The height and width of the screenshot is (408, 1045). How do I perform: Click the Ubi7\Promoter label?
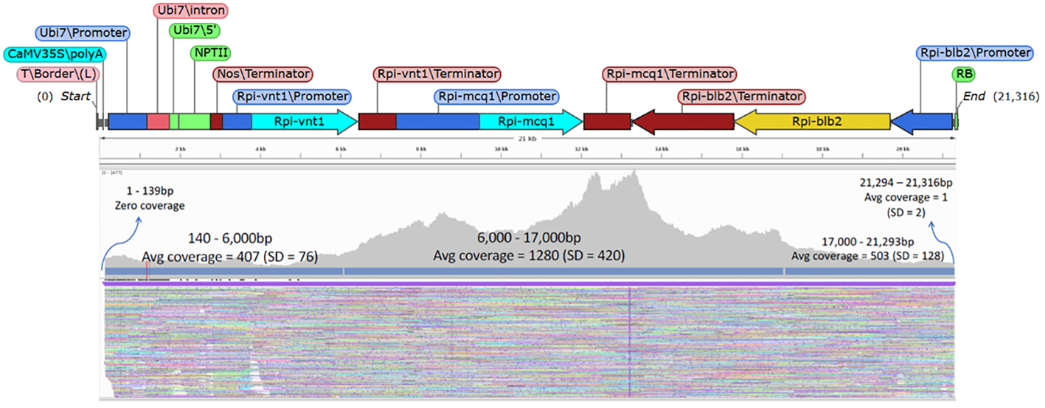(x=82, y=33)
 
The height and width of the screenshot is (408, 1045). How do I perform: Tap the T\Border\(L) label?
(x=58, y=75)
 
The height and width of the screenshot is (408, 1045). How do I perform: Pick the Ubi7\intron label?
(x=191, y=11)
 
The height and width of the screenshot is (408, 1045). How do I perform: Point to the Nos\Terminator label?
(x=263, y=75)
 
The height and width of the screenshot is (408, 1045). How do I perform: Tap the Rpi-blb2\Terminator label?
(x=741, y=97)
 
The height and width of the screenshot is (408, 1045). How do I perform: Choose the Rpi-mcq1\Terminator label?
(x=669, y=75)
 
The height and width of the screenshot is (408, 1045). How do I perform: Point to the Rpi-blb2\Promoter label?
(x=973, y=53)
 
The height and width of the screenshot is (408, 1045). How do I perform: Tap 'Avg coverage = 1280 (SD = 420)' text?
(x=529, y=256)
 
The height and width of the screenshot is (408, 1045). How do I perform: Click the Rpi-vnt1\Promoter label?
(x=292, y=97)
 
